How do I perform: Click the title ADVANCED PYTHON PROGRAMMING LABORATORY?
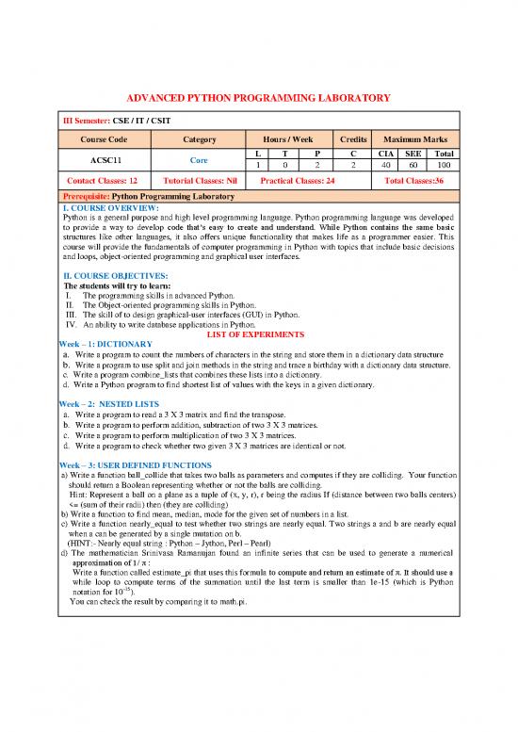pos(258,97)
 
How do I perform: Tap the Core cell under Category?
pos(199,160)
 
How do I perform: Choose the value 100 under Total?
pos(445,166)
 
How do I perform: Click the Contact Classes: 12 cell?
pos(99,180)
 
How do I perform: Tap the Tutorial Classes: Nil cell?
pos(199,180)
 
